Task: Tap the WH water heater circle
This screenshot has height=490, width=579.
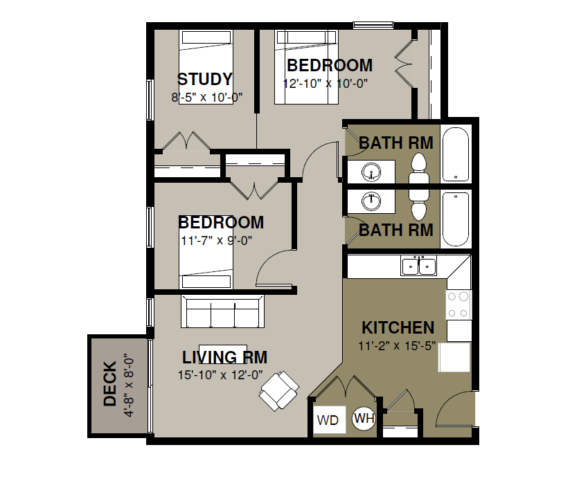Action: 364,419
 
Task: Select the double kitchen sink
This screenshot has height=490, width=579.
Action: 418,266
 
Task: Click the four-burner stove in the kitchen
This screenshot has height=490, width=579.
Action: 458,305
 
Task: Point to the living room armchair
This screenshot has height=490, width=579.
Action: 279,391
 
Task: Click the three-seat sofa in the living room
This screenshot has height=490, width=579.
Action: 222,311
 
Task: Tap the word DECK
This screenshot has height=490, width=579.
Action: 110,384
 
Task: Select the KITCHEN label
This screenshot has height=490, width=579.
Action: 398,327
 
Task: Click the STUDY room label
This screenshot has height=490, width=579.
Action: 205,80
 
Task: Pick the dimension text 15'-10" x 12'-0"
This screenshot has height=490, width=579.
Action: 220,375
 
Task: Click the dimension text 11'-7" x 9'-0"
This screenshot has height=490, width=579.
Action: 216,241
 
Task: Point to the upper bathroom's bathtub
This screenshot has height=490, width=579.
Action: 456,154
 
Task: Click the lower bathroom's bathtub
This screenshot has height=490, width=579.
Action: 456,219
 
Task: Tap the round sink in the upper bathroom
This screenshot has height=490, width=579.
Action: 371,172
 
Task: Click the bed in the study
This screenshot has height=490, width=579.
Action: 206,66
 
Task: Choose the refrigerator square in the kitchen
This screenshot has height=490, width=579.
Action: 454,357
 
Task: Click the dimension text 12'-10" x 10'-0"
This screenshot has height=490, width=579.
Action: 326,84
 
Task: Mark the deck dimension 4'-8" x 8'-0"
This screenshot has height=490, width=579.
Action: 129,386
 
